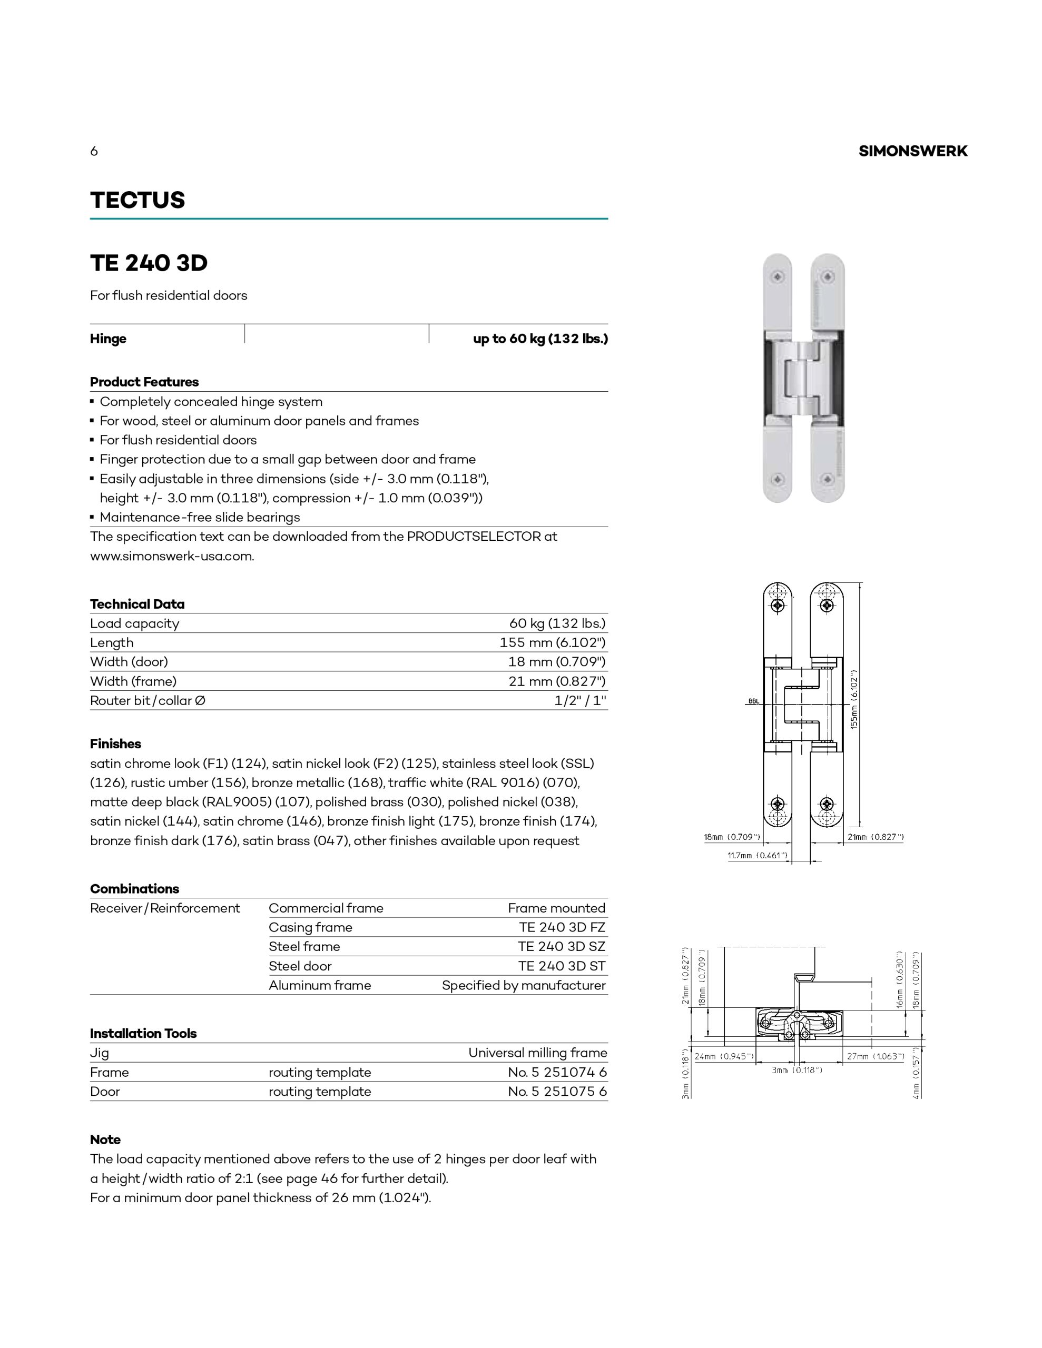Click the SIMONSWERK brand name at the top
(x=912, y=151)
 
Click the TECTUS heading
(x=137, y=200)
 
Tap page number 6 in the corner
(x=94, y=151)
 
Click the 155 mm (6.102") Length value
(x=552, y=642)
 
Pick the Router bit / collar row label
(x=148, y=700)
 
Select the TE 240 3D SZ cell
(x=562, y=946)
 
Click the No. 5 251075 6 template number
(x=557, y=1091)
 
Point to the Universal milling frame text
(x=537, y=1053)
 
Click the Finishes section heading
(x=115, y=744)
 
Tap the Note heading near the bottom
(x=105, y=1139)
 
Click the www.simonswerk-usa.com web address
(x=172, y=556)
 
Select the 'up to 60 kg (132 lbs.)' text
(x=540, y=339)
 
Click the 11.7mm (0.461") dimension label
(x=757, y=856)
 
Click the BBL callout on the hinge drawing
(x=753, y=702)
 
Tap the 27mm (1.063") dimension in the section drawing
(x=875, y=1056)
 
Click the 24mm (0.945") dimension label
(x=724, y=1056)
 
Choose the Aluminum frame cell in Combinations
(x=319, y=985)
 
